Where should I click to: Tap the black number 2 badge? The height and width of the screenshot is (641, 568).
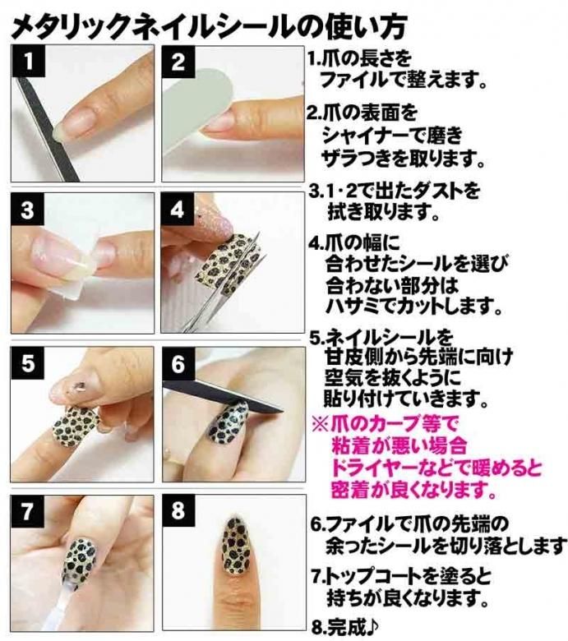178,62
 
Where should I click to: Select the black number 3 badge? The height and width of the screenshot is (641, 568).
27,210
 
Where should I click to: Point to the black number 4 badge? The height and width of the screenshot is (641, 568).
178,210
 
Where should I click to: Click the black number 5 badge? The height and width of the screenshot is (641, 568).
27,362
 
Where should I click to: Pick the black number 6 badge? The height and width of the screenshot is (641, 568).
178,363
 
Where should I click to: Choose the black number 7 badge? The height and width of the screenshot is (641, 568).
27,511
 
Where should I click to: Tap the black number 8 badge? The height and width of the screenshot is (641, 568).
178,511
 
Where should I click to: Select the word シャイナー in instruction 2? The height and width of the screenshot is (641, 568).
367,136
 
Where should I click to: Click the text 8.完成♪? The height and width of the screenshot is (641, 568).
345,626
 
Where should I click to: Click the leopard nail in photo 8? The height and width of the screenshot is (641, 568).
238,545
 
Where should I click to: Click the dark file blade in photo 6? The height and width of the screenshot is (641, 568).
224,394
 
